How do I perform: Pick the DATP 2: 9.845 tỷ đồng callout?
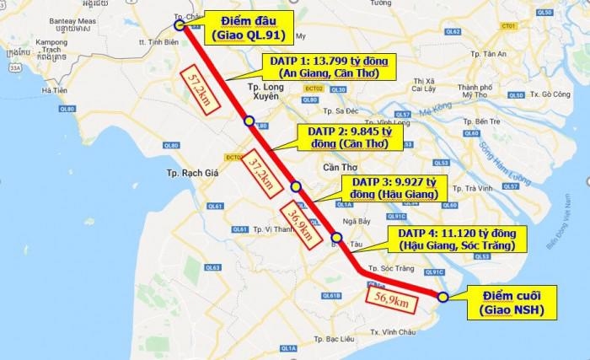tap(349, 137)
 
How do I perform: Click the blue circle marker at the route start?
tap(191, 25)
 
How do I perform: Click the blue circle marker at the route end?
tap(442, 297)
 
